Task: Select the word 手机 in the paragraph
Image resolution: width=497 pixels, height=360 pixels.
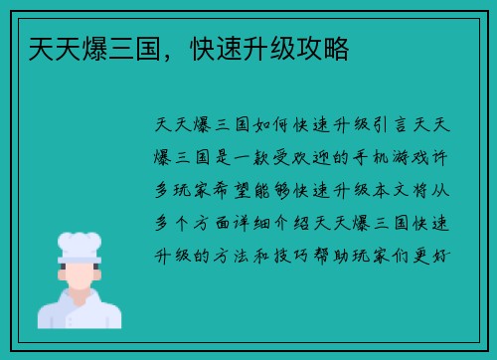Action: click(348, 157)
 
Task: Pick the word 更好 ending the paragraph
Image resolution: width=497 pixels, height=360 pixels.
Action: click(436, 255)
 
